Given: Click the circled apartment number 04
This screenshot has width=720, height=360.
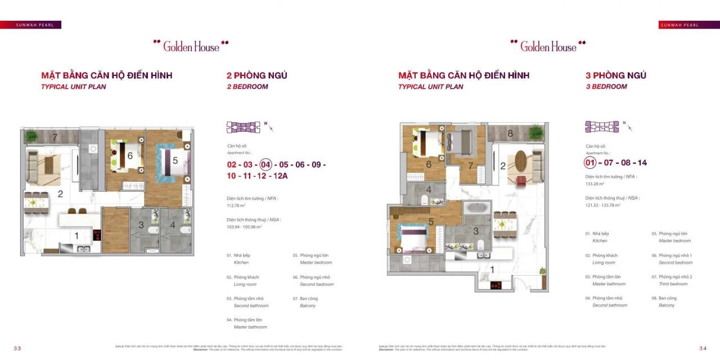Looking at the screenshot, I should [x=265, y=165].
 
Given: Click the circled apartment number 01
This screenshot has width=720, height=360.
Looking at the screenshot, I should [x=590, y=163].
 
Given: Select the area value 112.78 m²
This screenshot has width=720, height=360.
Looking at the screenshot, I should [x=236, y=205].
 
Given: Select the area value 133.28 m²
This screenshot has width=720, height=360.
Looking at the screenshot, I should [x=595, y=183].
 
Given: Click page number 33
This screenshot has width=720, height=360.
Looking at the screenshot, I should [x=17, y=348].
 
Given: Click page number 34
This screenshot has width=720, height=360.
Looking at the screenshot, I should [x=703, y=348].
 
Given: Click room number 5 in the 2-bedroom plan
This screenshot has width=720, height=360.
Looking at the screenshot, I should [x=175, y=161].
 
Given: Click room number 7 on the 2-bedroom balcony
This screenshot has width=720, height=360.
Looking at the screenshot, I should [x=55, y=137].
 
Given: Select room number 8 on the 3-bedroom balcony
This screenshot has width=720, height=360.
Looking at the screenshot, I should [x=510, y=134].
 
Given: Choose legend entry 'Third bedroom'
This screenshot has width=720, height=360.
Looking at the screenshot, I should [x=675, y=280].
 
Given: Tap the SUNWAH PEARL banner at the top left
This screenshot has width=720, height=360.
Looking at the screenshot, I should [x=30, y=25].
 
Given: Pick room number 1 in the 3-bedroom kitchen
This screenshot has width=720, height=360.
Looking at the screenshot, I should [x=492, y=270].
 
